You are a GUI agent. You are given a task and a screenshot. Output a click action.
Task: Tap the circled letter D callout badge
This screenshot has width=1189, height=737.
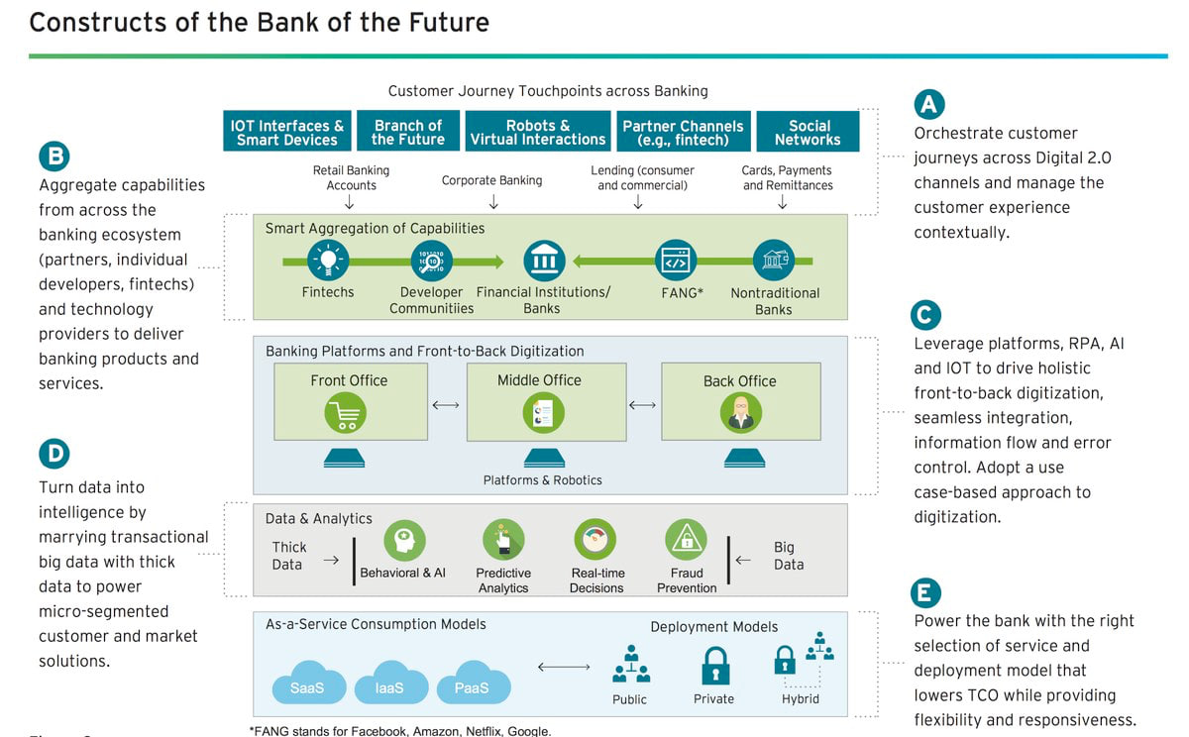(54, 454)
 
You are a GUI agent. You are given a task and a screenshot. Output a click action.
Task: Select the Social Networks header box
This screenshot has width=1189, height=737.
(808, 132)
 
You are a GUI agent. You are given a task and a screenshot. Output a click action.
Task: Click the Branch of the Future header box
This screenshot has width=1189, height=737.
(407, 132)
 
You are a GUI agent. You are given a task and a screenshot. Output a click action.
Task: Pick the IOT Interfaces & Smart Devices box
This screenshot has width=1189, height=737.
(287, 132)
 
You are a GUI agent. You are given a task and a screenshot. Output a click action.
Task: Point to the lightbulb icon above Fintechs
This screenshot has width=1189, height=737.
(326, 262)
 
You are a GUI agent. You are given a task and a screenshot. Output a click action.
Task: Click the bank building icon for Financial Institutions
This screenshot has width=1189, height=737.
(543, 262)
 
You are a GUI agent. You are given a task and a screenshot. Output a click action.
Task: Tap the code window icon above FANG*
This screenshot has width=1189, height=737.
(676, 262)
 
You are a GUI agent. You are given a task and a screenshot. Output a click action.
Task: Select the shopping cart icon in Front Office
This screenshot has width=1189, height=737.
(346, 413)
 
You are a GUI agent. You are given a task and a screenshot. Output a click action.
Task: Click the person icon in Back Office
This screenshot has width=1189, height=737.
(740, 413)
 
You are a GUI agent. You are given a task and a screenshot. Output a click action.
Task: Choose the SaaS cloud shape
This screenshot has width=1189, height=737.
(307, 684)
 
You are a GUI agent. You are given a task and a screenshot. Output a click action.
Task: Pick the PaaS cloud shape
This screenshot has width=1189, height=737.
(473, 684)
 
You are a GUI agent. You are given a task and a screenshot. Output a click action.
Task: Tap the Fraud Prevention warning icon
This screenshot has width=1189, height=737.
(686, 541)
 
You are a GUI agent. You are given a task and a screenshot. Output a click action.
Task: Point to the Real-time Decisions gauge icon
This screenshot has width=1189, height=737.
(595, 541)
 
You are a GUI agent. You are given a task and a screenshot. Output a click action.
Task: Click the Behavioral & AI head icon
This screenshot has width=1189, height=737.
(404, 541)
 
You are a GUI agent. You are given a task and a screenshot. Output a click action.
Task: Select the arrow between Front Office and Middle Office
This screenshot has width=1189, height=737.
(446, 405)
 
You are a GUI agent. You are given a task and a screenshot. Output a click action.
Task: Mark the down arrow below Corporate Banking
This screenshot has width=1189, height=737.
(493, 202)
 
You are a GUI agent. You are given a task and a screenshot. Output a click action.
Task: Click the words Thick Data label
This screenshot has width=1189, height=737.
(288, 556)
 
